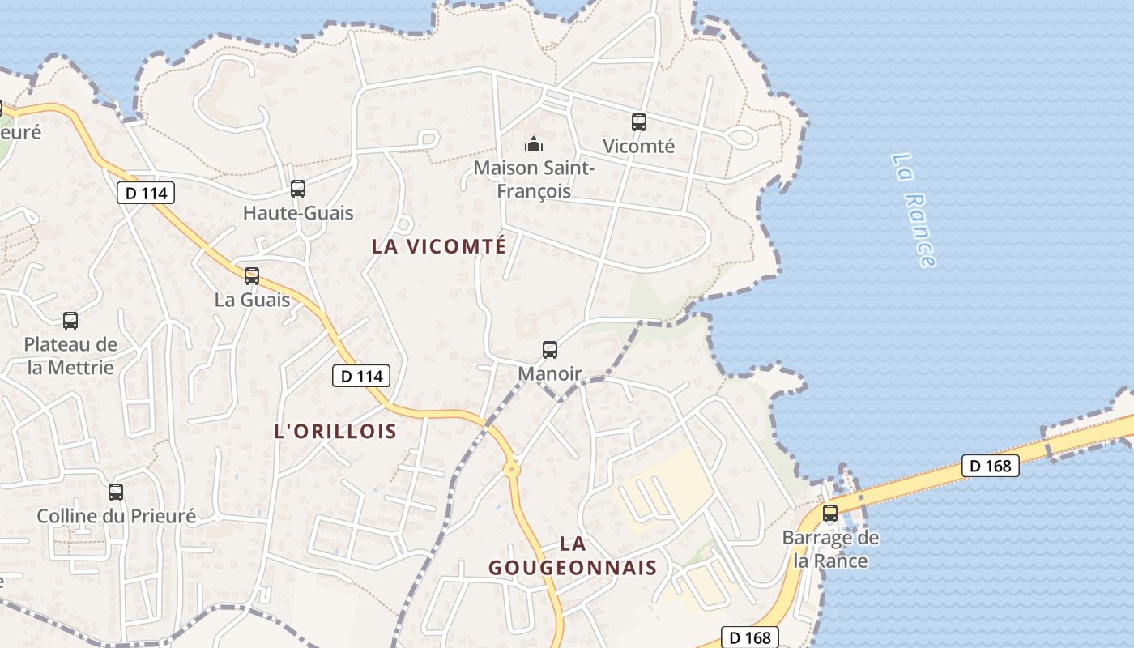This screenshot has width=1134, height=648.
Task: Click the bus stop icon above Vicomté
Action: click(639, 122)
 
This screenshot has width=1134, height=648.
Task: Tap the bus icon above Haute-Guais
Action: click(298, 189)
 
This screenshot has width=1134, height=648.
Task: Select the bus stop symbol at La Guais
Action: click(252, 276)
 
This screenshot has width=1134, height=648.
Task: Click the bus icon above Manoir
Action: click(550, 350)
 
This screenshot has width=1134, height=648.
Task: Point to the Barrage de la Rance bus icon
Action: click(830, 514)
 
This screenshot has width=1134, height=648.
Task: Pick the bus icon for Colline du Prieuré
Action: click(116, 492)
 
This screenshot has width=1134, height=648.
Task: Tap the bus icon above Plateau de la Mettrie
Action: click(70, 321)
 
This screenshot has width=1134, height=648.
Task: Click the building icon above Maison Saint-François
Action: click(534, 145)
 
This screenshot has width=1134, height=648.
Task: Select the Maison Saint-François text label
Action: click(534, 180)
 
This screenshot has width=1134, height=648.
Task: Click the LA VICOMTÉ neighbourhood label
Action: click(438, 246)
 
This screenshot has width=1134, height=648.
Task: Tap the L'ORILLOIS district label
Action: click(335, 431)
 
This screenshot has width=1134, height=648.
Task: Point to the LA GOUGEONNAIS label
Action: click(572, 556)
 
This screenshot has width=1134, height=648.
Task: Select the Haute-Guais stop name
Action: click(298, 213)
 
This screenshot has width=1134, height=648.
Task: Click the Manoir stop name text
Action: click(550, 374)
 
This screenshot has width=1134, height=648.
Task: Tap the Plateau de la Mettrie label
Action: click(70, 356)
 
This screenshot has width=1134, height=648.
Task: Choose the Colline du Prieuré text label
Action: click(117, 516)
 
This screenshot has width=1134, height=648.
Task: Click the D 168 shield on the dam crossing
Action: click(990, 466)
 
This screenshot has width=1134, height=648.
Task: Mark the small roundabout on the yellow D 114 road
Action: click(512, 469)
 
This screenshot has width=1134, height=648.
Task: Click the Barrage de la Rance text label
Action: click(830, 549)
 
